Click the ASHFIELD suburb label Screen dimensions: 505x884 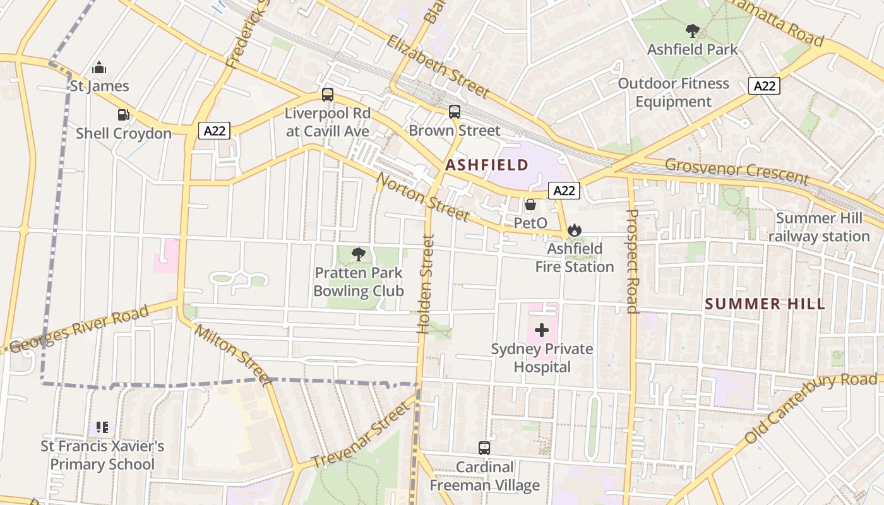487,165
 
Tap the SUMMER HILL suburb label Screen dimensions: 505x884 765,304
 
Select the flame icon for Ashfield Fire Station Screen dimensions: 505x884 574,230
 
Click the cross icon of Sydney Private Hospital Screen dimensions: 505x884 542,330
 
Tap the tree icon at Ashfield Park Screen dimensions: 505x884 692,30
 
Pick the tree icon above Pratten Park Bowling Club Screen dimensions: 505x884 359,254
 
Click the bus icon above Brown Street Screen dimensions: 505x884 455,112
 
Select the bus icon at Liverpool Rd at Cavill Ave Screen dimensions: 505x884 327,95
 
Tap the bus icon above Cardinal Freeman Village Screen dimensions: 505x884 484,448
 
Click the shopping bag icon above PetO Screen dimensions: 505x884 530,205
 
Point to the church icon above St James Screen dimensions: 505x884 99,68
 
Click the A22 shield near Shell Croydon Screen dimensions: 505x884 215,131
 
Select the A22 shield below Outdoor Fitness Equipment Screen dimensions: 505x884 764,86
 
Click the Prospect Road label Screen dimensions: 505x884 632,261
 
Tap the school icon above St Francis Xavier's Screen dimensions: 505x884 102,428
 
